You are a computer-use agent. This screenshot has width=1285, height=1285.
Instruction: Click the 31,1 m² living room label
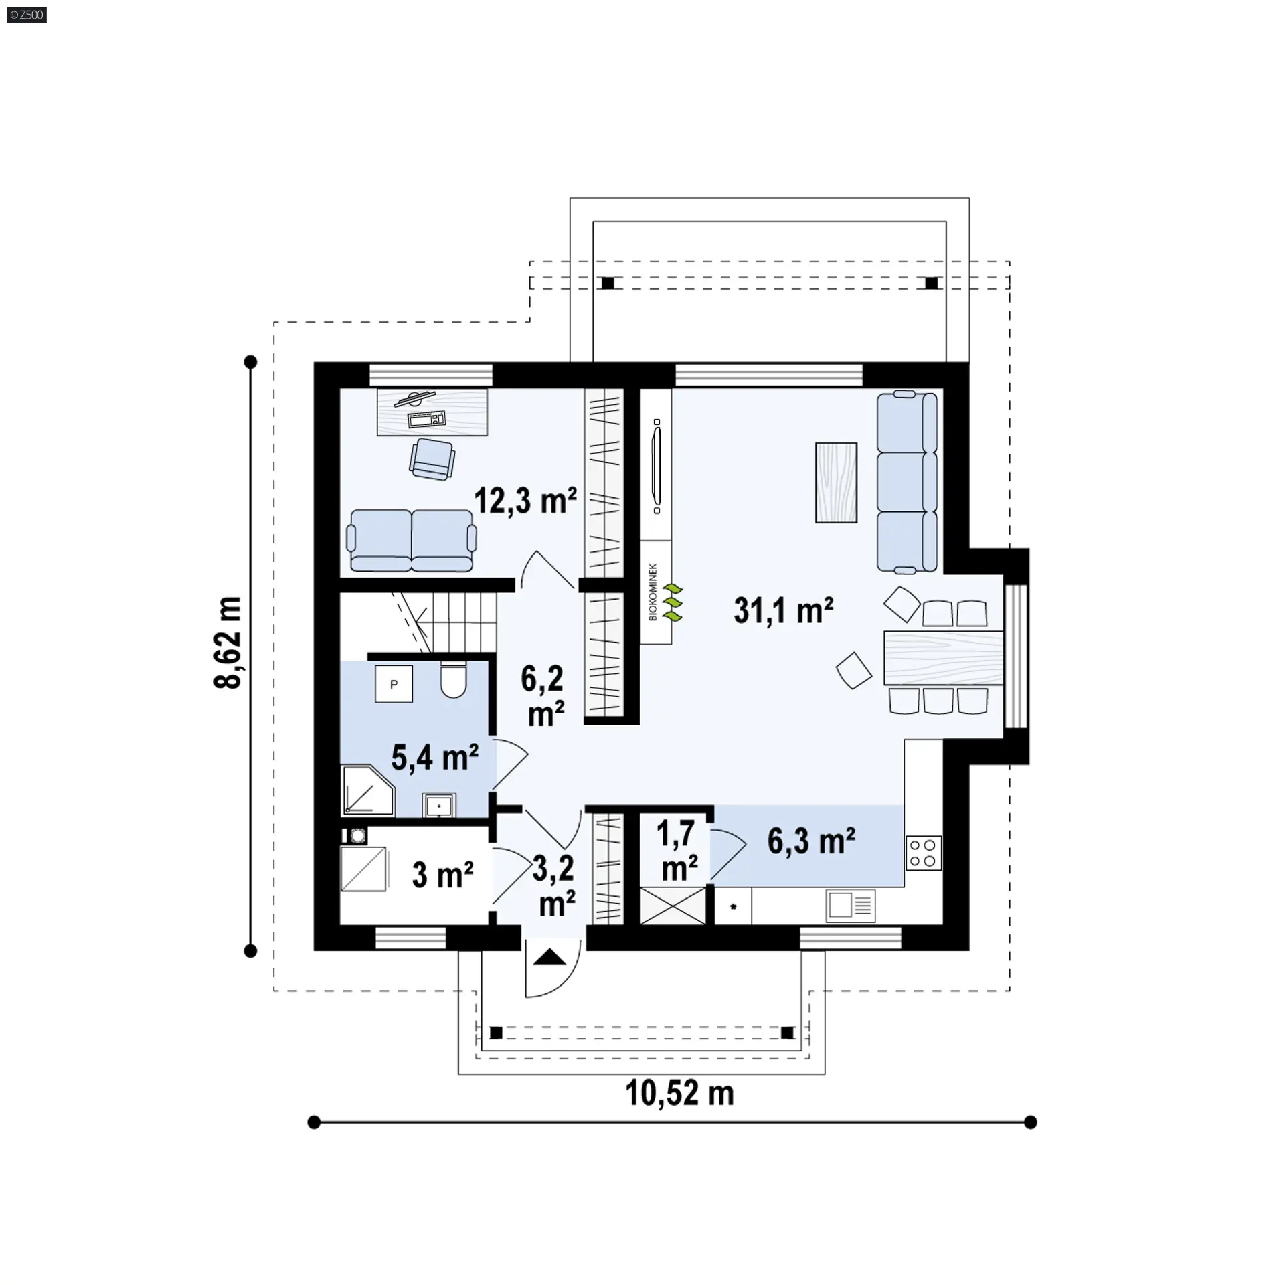pos(783,610)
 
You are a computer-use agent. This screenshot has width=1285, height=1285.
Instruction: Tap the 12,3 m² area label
pos(525,500)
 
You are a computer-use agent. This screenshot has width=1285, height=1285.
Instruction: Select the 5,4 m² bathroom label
pos(434,758)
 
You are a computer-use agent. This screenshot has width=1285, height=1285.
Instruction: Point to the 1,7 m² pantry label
pos(677,851)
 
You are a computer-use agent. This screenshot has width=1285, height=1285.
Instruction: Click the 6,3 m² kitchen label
pos(811,841)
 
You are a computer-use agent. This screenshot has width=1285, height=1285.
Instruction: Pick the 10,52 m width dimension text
pos(679,1093)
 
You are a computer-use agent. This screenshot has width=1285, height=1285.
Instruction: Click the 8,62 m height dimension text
pos(228,642)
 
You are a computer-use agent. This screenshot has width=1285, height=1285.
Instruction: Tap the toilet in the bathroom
pos(453,680)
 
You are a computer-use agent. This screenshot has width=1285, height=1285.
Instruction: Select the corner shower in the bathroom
pos(368,790)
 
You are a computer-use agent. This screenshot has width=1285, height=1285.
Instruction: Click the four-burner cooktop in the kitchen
pos(924,853)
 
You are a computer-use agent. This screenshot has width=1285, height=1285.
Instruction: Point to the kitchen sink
pos(851,906)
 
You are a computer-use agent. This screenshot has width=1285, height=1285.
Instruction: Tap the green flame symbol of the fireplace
pos(673,602)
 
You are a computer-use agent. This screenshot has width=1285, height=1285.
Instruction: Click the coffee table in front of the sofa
pos(836,482)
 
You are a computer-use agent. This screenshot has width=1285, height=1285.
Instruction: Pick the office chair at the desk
pos(432,458)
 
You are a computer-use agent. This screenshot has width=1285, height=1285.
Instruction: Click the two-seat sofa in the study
pos(412,541)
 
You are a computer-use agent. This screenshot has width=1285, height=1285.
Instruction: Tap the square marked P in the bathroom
pos(394,683)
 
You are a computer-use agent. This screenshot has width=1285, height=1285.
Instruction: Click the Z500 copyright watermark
pos(27,14)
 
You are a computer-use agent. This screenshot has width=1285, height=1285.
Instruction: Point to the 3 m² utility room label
pos(442,874)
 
